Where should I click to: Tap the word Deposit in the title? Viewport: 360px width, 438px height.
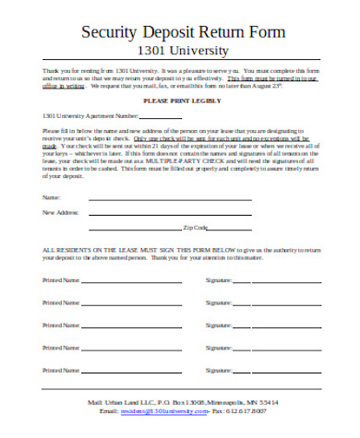174,30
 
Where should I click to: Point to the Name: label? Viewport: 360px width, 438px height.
52,198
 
